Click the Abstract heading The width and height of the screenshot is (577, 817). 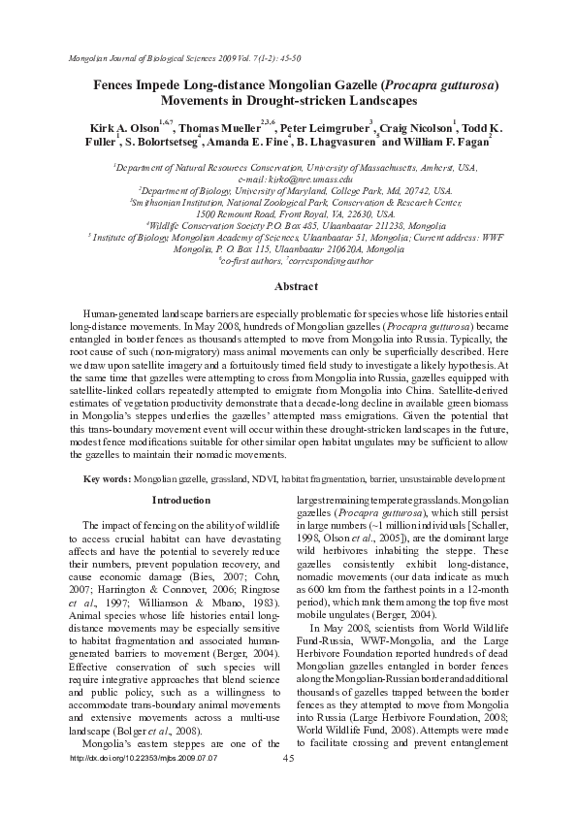[x=296, y=287]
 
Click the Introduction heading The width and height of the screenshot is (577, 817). [x=180, y=500]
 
